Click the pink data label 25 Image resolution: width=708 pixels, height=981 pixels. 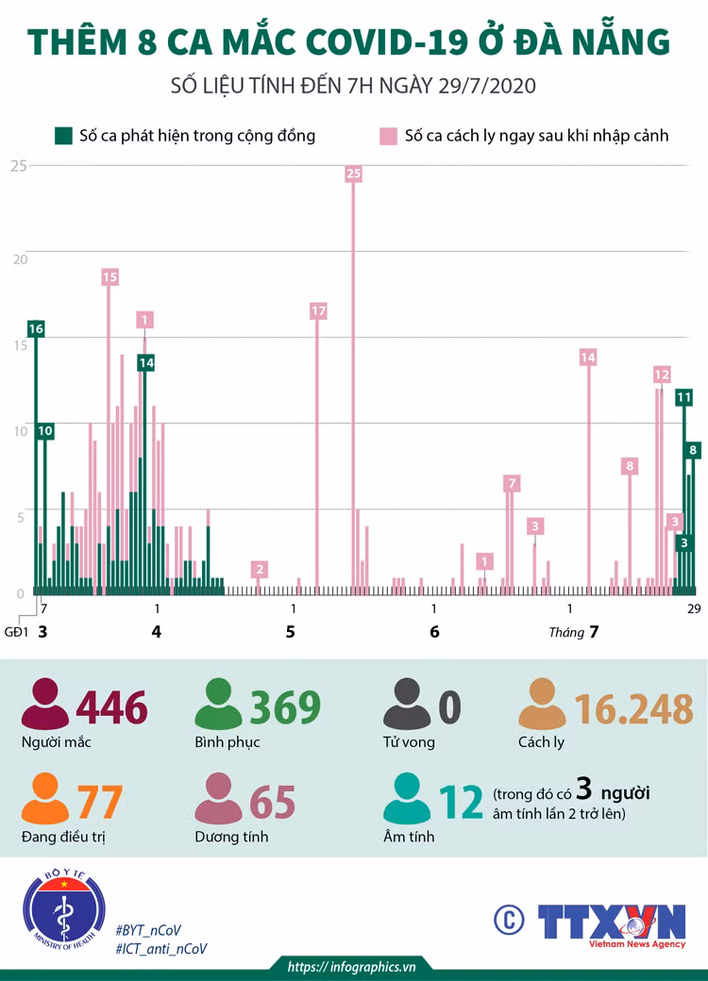tap(354, 174)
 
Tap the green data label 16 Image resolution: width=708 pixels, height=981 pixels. tap(36, 329)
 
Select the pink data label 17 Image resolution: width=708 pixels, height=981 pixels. tap(319, 311)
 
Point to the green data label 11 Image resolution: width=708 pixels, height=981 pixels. tap(683, 397)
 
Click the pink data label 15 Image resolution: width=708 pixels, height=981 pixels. tap(110, 277)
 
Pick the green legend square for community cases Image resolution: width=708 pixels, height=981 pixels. tap(63, 136)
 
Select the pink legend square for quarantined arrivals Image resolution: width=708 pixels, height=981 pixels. tap(389, 137)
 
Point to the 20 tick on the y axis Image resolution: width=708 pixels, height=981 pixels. tap(20, 259)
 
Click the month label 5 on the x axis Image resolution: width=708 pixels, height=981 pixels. tap(291, 632)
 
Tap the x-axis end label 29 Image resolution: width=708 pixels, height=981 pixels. tap(694, 608)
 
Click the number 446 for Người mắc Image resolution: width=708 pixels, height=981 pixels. tap(112, 707)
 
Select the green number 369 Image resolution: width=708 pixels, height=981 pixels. tap(285, 707)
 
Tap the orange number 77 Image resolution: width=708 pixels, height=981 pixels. tap(100, 802)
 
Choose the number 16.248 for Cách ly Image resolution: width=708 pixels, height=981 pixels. tap(634, 708)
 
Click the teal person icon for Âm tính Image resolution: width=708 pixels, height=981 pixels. tap(407, 798)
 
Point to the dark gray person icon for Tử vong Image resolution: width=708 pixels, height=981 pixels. tap(407, 704)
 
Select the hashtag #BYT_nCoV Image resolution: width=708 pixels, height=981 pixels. tap(148, 930)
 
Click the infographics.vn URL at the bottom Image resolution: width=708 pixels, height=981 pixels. tap(351, 967)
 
